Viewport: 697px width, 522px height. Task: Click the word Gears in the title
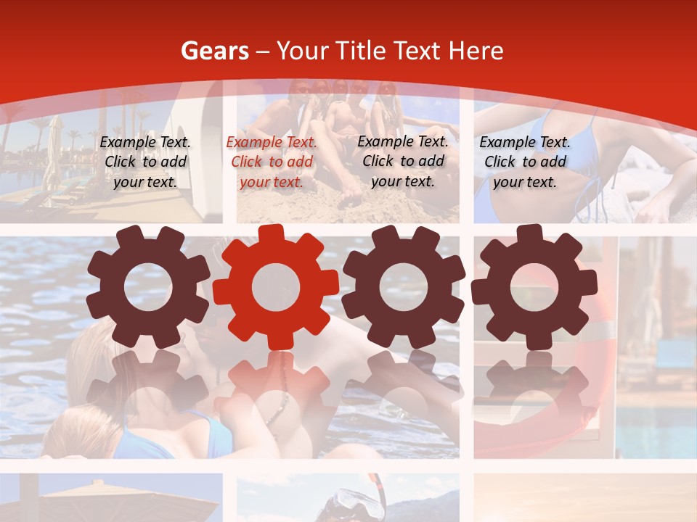coord(214,51)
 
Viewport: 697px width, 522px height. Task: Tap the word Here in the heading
coord(476,51)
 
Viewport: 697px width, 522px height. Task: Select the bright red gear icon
coord(276,287)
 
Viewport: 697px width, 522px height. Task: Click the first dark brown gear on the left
coord(147,287)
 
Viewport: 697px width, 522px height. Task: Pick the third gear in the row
coord(403,287)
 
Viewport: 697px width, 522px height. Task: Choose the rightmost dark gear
coord(534,287)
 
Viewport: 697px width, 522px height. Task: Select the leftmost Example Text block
coord(145,162)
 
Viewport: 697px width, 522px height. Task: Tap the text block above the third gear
coord(403,161)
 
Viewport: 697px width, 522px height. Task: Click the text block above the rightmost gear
coord(525,162)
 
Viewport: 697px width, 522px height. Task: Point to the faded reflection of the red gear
coord(276,384)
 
